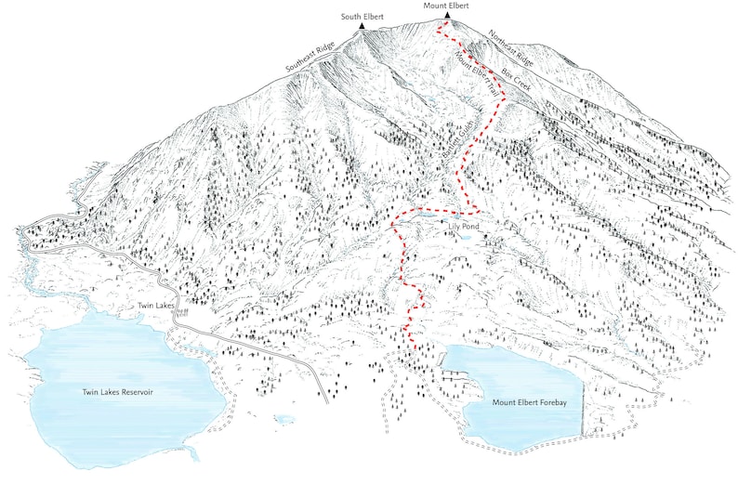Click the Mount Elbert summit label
(x=446, y=6)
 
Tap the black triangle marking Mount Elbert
(x=447, y=16)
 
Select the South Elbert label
(x=362, y=16)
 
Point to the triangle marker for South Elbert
(x=362, y=27)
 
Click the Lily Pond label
(x=462, y=226)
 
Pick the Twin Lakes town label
(x=157, y=306)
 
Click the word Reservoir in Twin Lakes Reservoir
(x=134, y=392)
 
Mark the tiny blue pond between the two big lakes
(x=283, y=419)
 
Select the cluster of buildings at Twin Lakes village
(x=182, y=312)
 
